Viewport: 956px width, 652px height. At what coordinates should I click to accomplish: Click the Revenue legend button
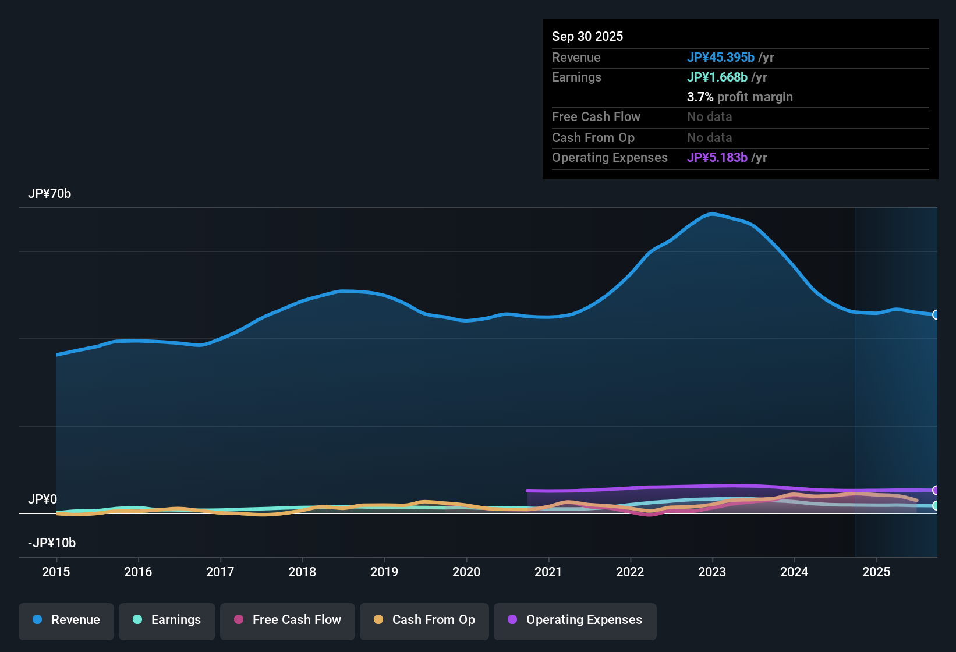point(66,620)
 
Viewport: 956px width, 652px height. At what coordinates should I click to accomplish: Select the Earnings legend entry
point(167,620)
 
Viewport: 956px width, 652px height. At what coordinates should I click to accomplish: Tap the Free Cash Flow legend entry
point(288,620)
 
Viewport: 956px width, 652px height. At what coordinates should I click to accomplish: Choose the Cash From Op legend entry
point(424,620)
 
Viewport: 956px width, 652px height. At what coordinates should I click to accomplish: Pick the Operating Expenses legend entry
point(575,620)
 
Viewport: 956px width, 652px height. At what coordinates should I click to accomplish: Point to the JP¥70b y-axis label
point(49,194)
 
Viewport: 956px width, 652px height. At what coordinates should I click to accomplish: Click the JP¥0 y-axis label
point(43,499)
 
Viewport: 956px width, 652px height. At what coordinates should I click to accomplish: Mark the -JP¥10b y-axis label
point(52,543)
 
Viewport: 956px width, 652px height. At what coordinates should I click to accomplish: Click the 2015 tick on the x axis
point(56,572)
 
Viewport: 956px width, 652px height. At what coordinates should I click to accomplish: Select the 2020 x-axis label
point(466,572)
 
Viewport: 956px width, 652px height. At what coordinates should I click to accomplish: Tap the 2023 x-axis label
point(712,572)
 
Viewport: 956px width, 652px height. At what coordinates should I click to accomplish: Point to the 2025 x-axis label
point(876,572)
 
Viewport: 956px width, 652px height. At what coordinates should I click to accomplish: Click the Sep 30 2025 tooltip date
point(587,37)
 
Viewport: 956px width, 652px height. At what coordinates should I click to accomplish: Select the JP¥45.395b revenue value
point(721,58)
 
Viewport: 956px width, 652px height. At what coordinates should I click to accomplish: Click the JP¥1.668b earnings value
point(717,77)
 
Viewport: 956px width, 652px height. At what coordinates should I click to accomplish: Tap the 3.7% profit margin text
point(740,97)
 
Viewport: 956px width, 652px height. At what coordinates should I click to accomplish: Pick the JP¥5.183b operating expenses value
point(717,158)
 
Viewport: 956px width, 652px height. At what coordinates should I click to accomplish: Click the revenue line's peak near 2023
point(711,214)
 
